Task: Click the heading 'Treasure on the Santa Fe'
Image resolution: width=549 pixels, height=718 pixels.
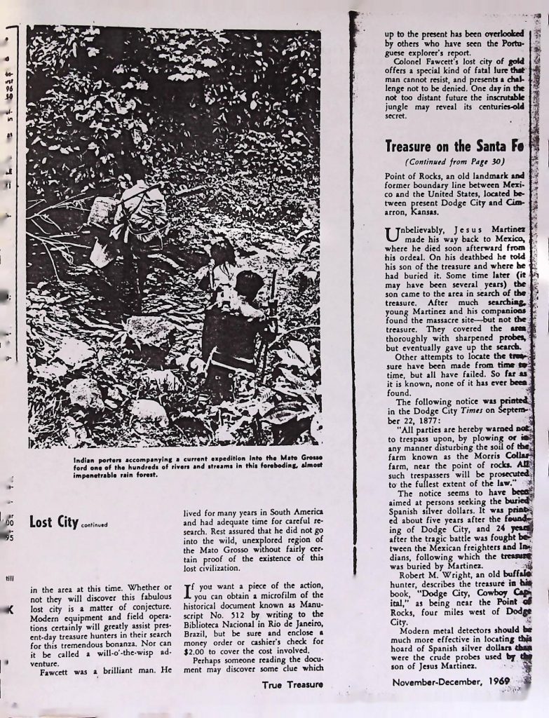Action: (454, 147)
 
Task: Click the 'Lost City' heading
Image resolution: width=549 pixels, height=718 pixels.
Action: (53, 522)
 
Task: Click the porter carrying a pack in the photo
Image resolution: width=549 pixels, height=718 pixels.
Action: (133, 217)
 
